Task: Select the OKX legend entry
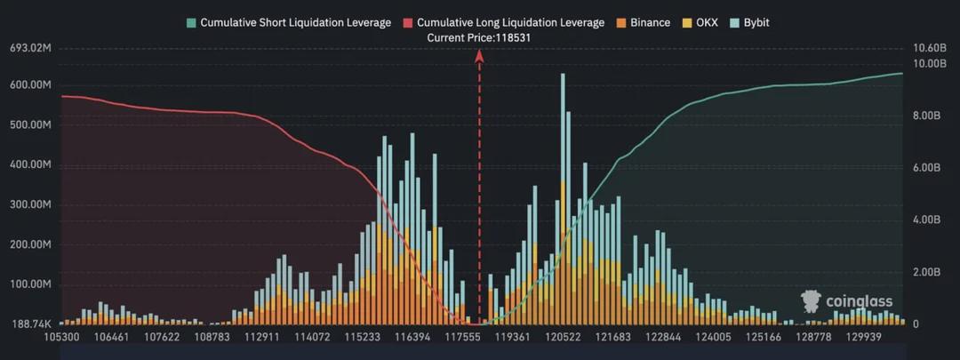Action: tap(700, 22)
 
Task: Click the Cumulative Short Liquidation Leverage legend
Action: tap(289, 22)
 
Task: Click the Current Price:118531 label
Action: tap(480, 38)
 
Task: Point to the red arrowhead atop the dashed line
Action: tap(479, 56)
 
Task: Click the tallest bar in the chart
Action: tap(562, 198)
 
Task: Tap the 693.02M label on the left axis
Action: tap(29, 48)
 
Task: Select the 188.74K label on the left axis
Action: tap(30, 324)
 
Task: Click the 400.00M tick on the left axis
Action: tap(30, 165)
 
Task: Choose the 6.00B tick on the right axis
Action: tap(925, 167)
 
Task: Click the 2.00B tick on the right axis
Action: tap(925, 272)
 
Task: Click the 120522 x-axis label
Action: tap(564, 337)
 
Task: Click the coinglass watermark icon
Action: tap(811, 300)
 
